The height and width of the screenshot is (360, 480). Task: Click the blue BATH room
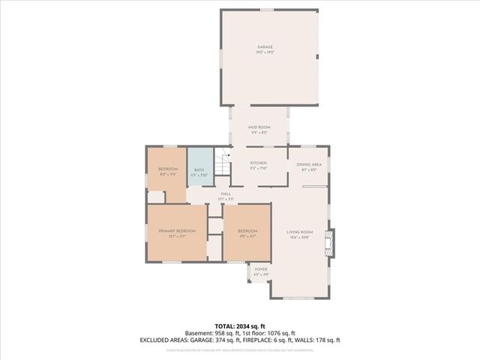point(199,172)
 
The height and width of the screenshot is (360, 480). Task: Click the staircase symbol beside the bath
point(222,163)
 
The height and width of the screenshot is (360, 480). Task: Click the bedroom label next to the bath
point(167,171)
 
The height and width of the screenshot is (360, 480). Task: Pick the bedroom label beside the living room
point(247,232)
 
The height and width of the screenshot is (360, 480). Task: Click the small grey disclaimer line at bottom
point(240,349)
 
